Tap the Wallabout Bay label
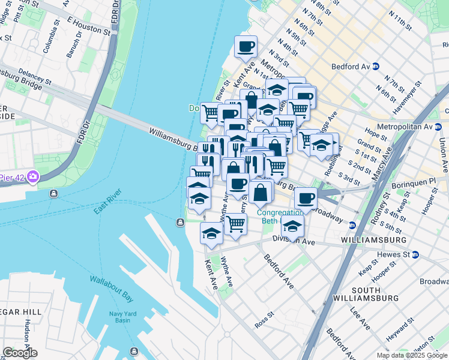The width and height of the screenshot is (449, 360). (x=112, y=287)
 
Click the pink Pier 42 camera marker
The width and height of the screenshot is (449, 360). (x=32, y=177)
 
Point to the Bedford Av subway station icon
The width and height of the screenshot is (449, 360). (x=375, y=66)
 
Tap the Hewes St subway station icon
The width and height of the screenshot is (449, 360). (x=415, y=255)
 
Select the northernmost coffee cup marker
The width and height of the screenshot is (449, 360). (x=246, y=47)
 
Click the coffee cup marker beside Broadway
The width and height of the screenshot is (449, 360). (x=307, y=197)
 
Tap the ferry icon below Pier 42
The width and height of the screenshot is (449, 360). (x=54, y=194)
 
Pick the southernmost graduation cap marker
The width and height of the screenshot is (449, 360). (x=211, y=233)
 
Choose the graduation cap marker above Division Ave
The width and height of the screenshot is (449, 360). (x=292, y=226)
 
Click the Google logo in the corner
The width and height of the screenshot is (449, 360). (x=19, y=353)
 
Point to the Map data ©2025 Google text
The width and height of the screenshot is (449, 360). (x=412, y=355)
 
